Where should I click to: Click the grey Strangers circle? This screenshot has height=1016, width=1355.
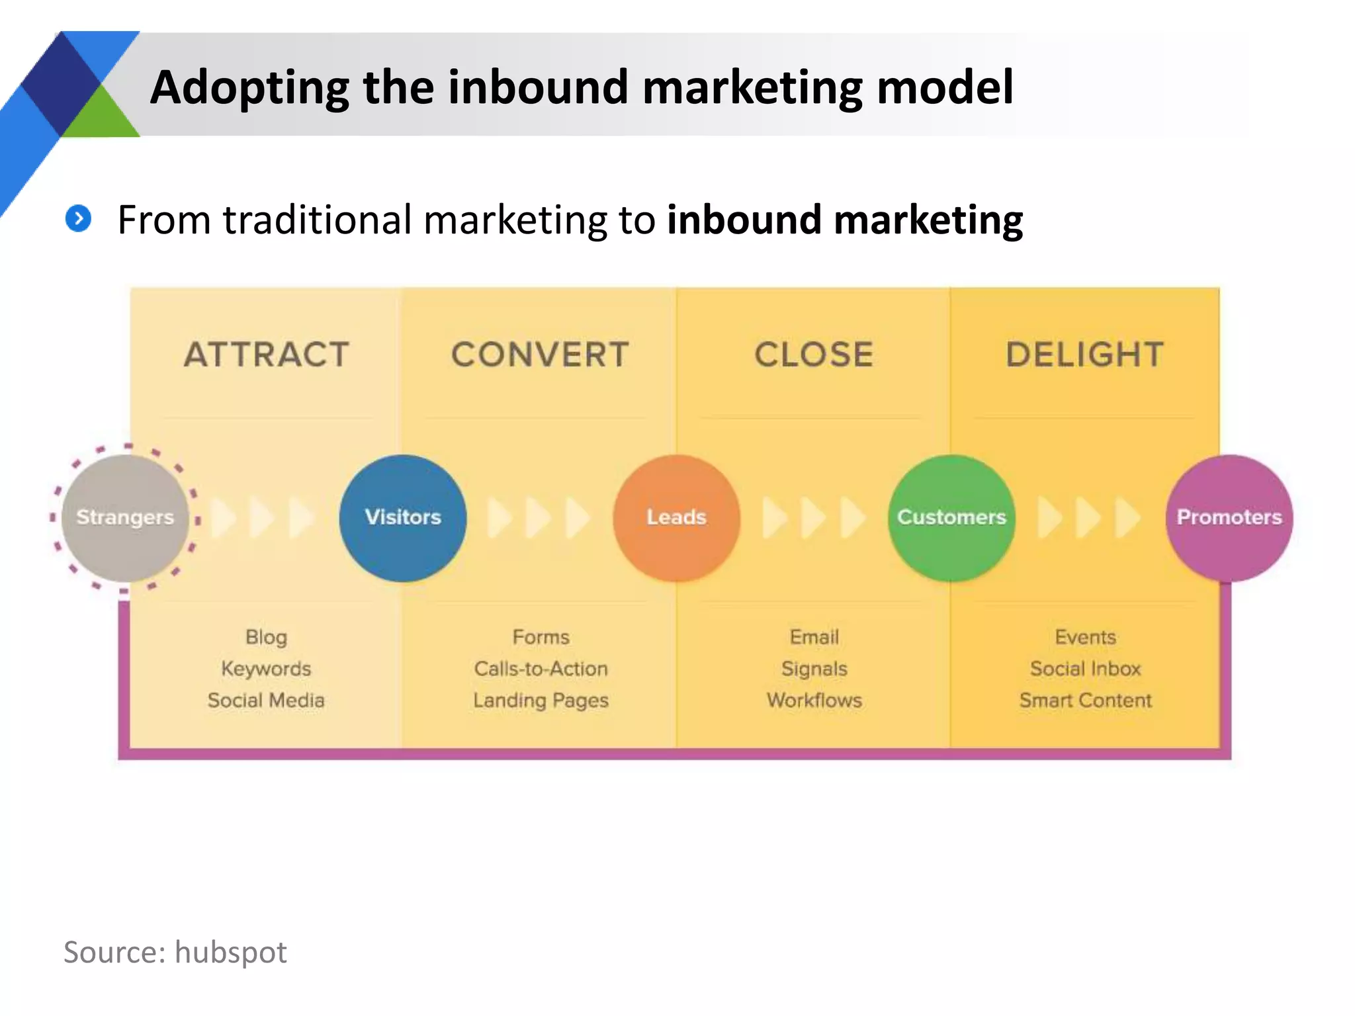(125, 517)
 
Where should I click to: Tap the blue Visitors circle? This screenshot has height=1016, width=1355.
(403, 517)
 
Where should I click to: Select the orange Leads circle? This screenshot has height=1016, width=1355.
(676, 517)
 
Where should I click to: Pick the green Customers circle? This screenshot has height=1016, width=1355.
(951, 517)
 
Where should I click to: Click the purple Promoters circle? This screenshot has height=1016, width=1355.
(1229, 517)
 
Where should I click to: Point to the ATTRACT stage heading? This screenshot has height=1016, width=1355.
(267, 355)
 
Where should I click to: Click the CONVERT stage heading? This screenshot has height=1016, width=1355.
(540, 355)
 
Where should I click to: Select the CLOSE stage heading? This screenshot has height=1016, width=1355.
(814, 355)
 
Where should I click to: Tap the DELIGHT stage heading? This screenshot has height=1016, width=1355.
(1085, 355)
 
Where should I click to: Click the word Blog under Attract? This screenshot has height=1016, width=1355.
(266, 637)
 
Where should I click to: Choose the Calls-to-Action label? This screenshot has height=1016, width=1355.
(541, 669)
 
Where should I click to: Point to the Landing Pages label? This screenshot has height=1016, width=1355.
(541, 700)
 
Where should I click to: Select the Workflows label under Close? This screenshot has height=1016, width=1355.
(814, 700)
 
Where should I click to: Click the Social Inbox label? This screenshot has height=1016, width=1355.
(1085, 669)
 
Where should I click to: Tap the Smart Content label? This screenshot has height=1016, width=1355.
(1085, 700)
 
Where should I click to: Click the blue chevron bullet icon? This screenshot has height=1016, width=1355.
(79, 218)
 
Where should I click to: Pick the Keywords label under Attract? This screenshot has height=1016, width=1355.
(266, 669)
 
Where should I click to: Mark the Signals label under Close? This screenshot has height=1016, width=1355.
(814, 669)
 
